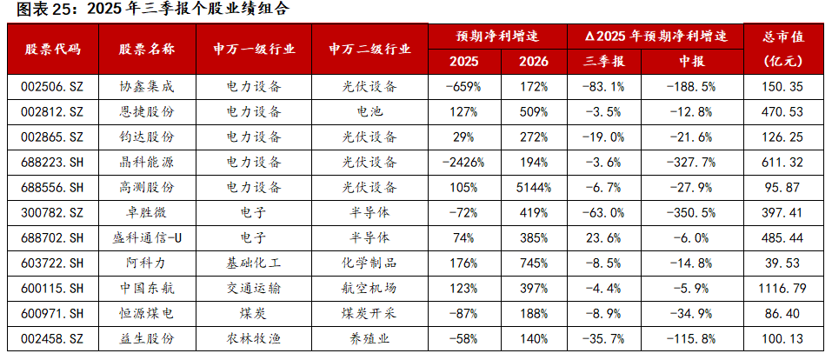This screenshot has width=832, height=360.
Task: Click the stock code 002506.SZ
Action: (x=53, y=87)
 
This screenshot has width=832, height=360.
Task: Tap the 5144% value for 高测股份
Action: (x=529, y=187)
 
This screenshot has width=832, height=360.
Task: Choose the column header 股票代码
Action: (x=53, y=49)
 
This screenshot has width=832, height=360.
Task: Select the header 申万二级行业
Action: (x=369, y=49)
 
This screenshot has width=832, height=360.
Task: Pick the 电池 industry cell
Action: (x=369, y=111)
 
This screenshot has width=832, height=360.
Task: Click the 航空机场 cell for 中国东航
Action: (x=369, y=287)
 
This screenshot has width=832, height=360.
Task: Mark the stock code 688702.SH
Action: (x=53, y=237)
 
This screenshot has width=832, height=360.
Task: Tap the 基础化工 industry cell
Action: (x=253, y=263)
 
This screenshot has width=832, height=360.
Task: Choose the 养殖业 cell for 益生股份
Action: (x=369, y=337)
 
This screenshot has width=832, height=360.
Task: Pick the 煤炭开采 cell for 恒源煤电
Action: (x=369, y=312)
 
